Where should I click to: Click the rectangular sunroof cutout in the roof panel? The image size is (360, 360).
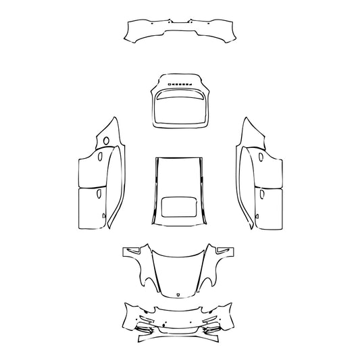coord(179,207)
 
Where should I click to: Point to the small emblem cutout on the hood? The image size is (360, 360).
coord(178,294)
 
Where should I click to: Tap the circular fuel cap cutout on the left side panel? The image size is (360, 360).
coord(105,140)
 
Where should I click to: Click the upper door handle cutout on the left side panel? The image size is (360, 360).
coord(100,157)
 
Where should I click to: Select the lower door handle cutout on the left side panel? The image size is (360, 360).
coord(99,192)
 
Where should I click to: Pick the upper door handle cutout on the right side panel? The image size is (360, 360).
coord(260,158)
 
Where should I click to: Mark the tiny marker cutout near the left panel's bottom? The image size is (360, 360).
coord(103,216)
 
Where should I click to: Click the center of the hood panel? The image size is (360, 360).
coord(178,270)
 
